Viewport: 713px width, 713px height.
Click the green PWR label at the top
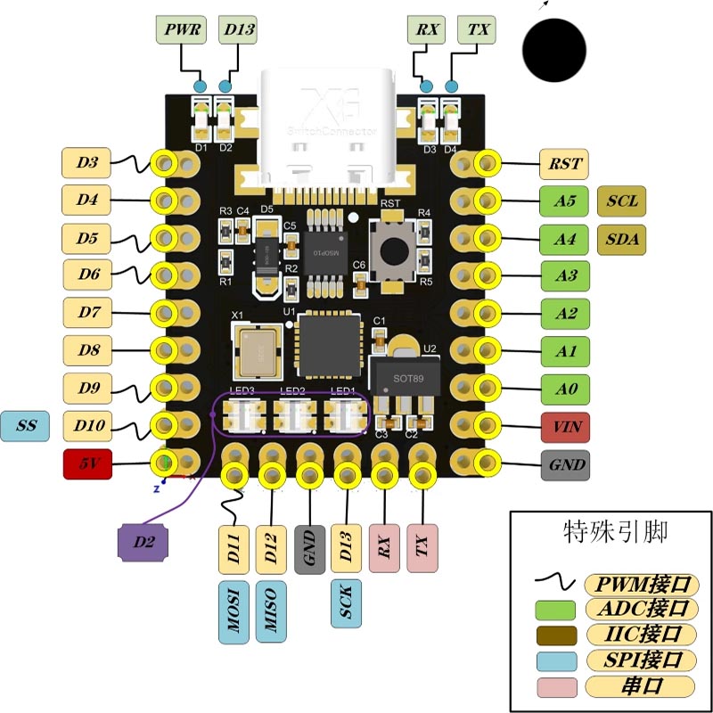(x=182, y=29)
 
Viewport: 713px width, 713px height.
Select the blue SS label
(x=27, y=426)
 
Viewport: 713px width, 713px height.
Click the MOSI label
(x=234, y=611)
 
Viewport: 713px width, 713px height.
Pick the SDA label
(x=622, y=239)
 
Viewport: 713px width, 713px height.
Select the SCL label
(x=622, y=201)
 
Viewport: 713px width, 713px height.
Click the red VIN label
(x=565, y=426)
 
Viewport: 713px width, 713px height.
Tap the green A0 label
(x=565, y=389)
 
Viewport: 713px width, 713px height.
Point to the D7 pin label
(x=88, y=313)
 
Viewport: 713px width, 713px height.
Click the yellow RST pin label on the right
(x=565, y=163)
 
